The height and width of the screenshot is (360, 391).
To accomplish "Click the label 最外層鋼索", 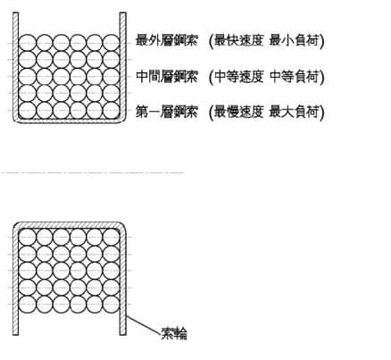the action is click(167, 40).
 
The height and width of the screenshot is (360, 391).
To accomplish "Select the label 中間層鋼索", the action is click(167, 77).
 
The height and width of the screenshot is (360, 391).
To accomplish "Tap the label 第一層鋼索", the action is click(167, 113).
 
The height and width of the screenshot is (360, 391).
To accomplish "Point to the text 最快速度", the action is click(238, 40).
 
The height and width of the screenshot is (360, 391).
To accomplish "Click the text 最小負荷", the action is click(294, 40).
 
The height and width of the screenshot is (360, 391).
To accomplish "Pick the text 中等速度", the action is click(238, 77).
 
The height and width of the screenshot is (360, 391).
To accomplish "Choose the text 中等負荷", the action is click(294, 77).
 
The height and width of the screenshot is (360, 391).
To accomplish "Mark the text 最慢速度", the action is click(238, 113).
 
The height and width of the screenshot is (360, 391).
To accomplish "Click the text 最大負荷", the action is click(294, 113).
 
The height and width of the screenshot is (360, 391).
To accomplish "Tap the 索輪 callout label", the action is click(174, 333).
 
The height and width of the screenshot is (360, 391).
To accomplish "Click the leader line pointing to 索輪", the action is click(144, 324).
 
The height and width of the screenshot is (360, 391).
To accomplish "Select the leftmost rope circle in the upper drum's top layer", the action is click(27, 43).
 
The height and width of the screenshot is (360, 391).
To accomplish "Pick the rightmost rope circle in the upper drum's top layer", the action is click(112, 43).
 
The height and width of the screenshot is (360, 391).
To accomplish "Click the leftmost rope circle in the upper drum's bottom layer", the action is click(27, 110).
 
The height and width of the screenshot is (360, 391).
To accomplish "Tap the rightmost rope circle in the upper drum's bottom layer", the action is click(112, 110).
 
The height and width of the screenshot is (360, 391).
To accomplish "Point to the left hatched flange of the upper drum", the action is click(15, 64).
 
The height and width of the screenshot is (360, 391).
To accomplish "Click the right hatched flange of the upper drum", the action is click(123, 64).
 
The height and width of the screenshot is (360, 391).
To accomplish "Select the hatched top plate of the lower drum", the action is click(70, 225).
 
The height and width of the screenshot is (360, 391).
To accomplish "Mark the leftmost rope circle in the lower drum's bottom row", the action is click(27, 305).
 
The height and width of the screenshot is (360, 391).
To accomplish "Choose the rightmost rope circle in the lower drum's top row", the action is click(112, 238).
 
